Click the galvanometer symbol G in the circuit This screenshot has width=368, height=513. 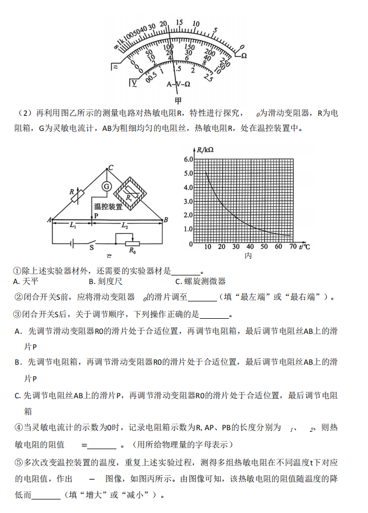coord(107,186)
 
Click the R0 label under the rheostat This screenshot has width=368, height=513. coord(132,251)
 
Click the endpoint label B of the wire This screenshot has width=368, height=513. coord(166,219)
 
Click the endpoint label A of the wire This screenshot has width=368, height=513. coord(49,219)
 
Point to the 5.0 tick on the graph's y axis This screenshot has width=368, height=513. coord(188,173)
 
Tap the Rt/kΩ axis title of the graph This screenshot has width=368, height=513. coord(205,149)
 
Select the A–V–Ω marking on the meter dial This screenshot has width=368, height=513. coord(178,84)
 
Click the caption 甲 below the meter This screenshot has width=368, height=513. coord(178,100)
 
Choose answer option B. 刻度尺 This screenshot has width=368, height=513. coord(106,281)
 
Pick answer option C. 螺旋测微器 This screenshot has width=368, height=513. coord(200,281)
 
